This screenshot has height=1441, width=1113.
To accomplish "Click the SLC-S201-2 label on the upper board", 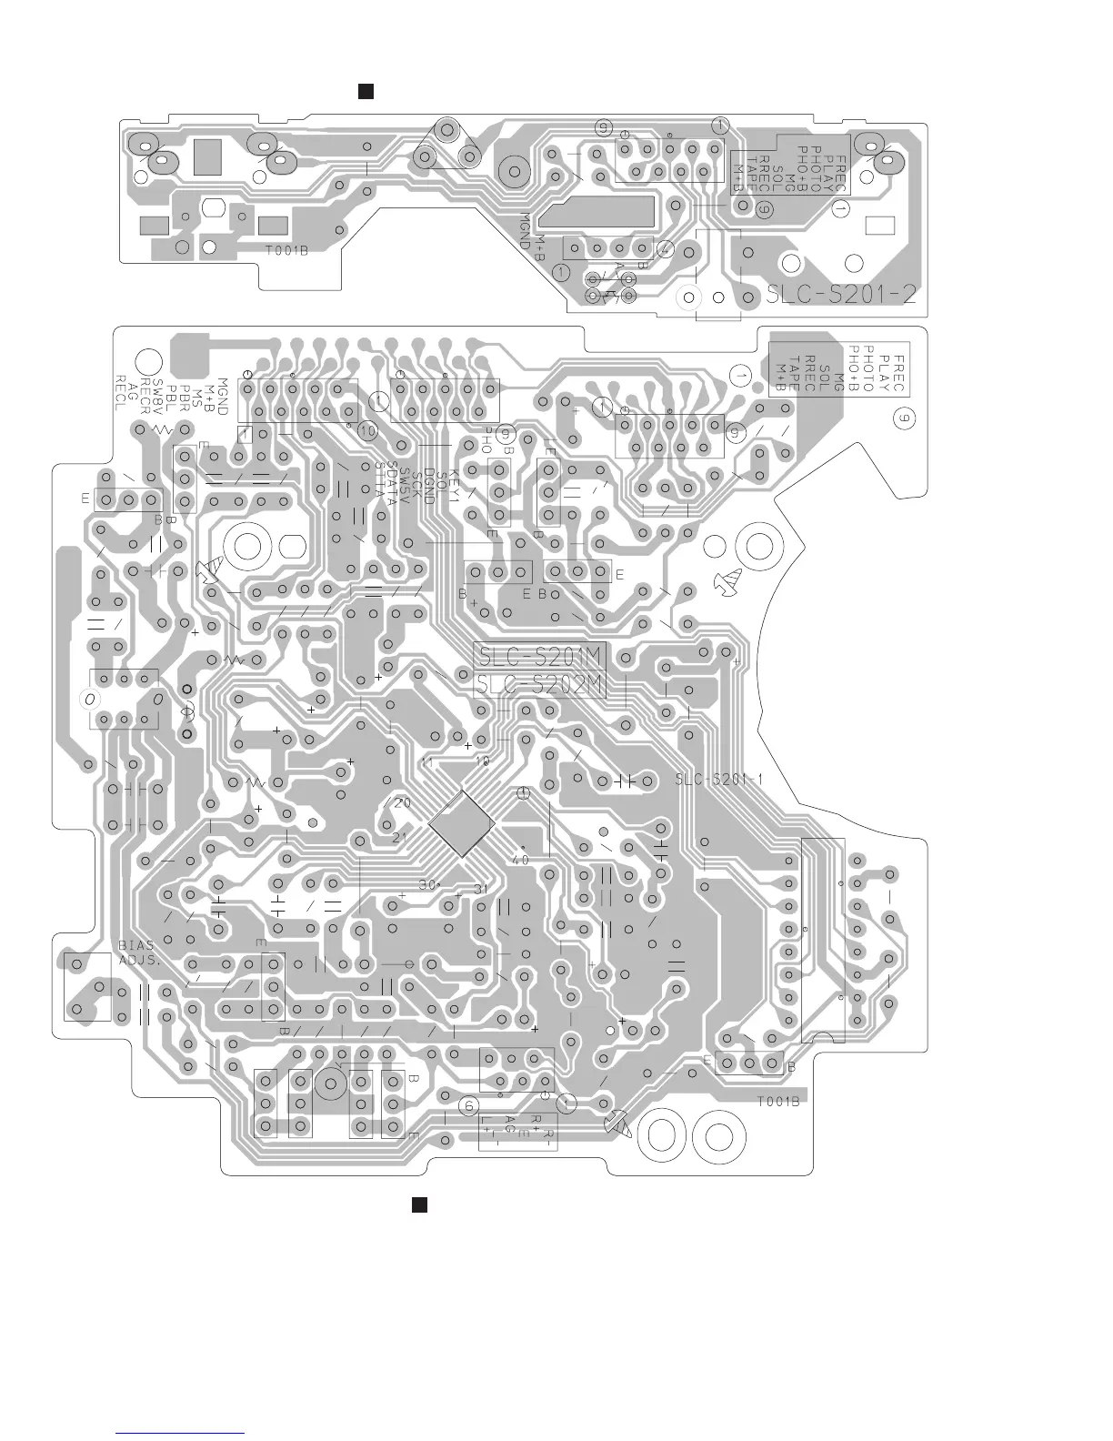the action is pos(840,295).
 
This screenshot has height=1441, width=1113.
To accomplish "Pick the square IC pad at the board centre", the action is pos(461,823).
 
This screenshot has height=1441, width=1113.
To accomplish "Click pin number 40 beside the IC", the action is pos(520,859).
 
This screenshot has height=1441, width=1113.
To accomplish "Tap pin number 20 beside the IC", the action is pos(401,803).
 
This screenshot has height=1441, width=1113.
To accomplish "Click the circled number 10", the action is pos(366,429).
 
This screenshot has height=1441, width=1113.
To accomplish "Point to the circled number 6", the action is pos(468,1105).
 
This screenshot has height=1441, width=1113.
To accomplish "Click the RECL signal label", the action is pos(119,393).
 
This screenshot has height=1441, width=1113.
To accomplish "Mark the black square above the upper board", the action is pos(366,91).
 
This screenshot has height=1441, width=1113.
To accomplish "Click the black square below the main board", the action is pos(419,1204).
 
